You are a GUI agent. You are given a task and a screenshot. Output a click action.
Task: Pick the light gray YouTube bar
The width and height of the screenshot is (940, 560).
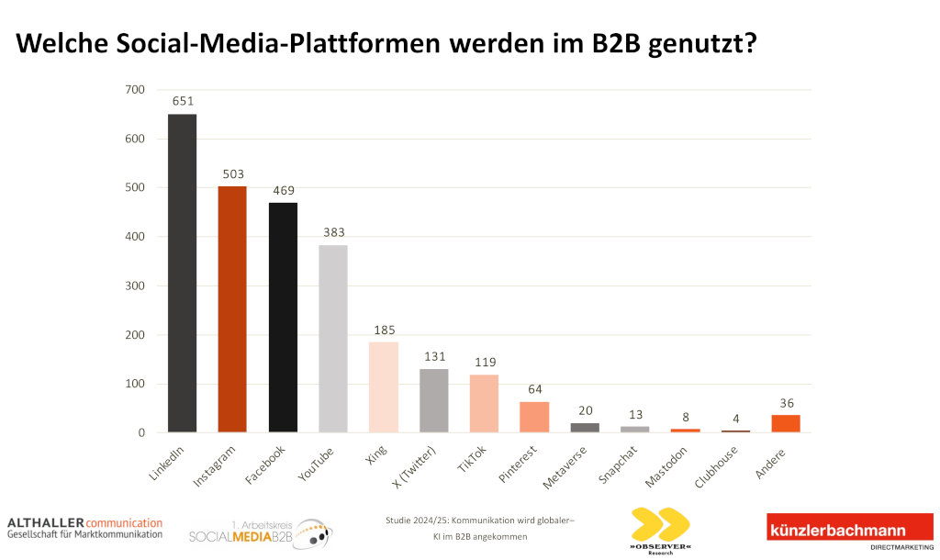(333, 339)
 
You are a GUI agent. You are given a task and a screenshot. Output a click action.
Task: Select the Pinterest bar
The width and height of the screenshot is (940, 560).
(534, 417)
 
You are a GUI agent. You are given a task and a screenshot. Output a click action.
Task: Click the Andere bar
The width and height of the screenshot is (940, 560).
(786, 423)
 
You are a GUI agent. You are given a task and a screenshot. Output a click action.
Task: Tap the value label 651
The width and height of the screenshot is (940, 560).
(182, 102)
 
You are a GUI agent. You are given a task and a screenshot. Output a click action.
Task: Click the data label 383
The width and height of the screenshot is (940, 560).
(333, 233)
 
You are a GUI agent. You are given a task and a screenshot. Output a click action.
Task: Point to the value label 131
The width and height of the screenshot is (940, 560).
(433, 357)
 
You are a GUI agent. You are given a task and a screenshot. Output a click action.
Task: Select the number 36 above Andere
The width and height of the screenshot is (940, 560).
(786, 403)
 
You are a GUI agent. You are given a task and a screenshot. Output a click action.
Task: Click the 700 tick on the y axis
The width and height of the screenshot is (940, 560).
(134, 90)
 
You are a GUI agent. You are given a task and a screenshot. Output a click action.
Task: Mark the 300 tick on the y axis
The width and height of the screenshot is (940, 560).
(134, 286)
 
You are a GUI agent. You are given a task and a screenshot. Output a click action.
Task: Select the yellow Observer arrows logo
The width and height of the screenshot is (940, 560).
(660, 524)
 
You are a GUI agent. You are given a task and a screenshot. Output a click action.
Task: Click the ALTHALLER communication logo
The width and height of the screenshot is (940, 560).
(84, 527)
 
